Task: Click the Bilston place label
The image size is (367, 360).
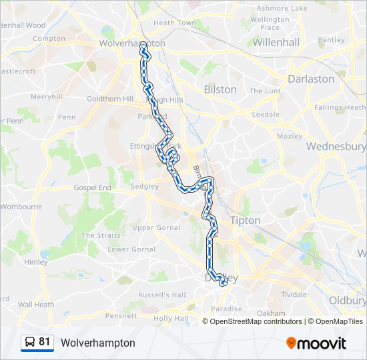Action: click(x=220, y=89)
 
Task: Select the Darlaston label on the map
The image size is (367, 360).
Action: click(x=311, y=79)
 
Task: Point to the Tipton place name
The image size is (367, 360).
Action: click(x=245, y=220)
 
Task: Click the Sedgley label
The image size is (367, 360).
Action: click(x=145, y=187)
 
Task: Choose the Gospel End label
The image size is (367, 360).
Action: click(x=92, y=188)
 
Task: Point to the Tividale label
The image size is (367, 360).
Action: click(x=294, y=294)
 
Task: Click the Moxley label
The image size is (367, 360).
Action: click(x=290, y=136)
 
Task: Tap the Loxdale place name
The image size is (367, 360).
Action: click(x=266, y=114)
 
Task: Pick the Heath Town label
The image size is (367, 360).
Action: click(x=175, y=23)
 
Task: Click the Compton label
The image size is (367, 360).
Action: click(x=49, y=39)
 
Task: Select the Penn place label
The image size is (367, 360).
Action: click(x=67, y=117)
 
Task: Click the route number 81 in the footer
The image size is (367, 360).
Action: click(x=45, y=342)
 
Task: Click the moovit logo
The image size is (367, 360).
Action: click(x=316, y=343)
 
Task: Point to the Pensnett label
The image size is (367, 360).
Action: click(x=120, y=315)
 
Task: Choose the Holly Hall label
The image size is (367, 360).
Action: click(x=171, y=318)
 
